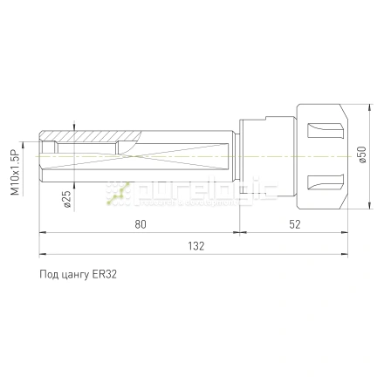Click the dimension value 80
pos(141,224)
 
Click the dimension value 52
pos(295,224)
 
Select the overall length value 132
pos(196,246)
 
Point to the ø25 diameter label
pos(67,199)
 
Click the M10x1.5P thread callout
pos(15,172)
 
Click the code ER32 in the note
pos(104,274)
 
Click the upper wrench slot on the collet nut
pos(326,131)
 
